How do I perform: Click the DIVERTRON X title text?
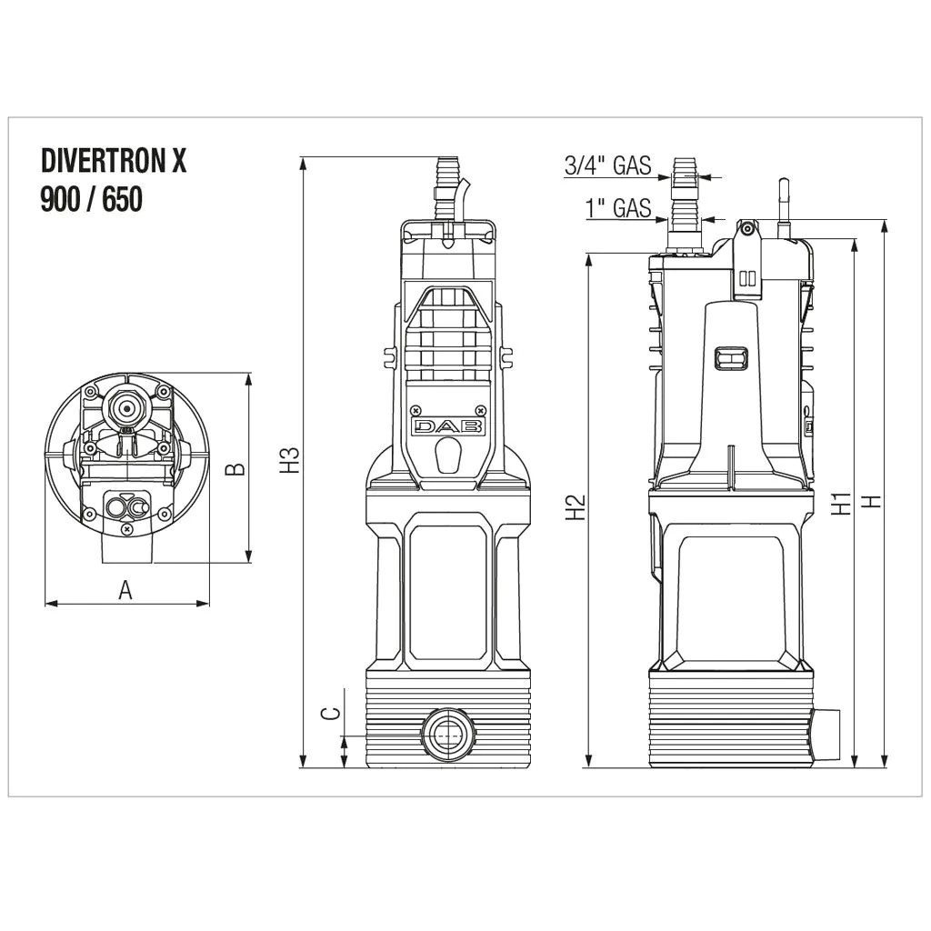[x=114, y=160]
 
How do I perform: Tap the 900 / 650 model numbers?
[x=92, y=199]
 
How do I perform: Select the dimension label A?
[x=125, y=590]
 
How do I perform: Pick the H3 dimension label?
[x=289, y=460]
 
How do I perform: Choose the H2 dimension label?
[x=576, y=506]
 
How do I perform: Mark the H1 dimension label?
[x=841, y=503]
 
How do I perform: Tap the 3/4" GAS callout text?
[x=607, y=165]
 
